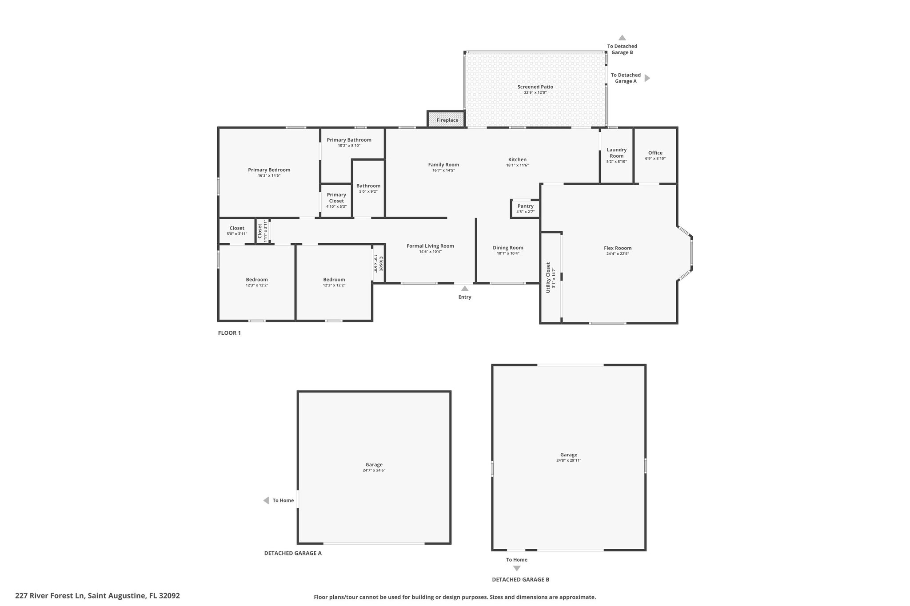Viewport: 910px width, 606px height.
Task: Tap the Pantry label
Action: (525, 206)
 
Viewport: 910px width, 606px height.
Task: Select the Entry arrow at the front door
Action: (464, 289)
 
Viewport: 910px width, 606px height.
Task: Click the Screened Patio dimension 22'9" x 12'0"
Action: (535, 93)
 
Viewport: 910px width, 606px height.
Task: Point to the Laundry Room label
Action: (616, 153)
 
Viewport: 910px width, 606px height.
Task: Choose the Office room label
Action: (655, 153)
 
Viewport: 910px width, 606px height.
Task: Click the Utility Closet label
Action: (548, 277)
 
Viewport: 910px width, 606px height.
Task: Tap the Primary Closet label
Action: (336, 198)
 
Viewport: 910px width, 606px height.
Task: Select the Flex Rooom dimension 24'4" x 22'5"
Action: (617, 254)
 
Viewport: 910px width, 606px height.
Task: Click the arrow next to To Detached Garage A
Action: (647, 78)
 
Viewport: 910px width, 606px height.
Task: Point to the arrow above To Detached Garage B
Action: (622, 38)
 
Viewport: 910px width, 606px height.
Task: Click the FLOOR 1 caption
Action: (229, 333)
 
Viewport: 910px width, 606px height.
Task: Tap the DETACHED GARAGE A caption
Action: (293, 553)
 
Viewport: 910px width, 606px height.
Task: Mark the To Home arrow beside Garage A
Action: (266, 500)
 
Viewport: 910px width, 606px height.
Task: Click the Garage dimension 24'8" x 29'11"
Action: (568, 460)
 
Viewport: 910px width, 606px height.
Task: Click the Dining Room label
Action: (508, 248)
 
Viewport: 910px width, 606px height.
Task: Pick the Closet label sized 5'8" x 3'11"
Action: (237, 228)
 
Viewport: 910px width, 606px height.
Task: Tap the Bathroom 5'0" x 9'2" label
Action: (368, 186)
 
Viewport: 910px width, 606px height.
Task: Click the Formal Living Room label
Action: (430, 246)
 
